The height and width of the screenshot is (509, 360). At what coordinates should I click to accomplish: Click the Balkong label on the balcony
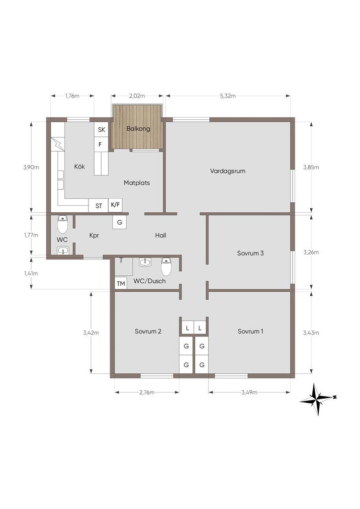(138, 129)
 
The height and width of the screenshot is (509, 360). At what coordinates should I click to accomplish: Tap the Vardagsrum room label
(228, 171)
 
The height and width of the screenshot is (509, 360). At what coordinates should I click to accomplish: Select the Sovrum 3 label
(250, 253)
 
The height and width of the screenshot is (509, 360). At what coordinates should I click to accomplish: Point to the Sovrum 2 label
(148, 332)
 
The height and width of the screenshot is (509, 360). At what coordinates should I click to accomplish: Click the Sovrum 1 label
(250, 332)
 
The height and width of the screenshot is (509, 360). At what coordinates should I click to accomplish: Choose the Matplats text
(137, 183)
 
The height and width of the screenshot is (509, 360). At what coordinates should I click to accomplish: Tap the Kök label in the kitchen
(80, 166)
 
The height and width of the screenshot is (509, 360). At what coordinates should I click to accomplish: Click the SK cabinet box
(101, 130)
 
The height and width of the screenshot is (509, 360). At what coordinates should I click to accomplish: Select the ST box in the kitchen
(98, 205)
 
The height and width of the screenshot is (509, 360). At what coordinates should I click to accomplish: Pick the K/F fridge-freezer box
(115, 205)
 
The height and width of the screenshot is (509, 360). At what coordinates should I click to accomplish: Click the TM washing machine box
(121, 284)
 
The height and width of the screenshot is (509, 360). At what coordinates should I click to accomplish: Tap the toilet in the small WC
(62, 224)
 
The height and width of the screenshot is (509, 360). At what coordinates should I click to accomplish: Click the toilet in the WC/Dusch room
(166, 266)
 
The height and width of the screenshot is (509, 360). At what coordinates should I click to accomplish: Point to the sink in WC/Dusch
(145, 262)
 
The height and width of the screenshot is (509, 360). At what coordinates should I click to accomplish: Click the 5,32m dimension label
(228, 96)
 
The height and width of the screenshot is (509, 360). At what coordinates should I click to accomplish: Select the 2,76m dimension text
(147, 392)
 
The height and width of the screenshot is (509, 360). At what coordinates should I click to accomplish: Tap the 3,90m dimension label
(31, 167)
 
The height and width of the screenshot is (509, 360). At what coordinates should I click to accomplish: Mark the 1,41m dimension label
(31, 273)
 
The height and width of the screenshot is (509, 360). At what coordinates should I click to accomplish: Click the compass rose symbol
(317, 399)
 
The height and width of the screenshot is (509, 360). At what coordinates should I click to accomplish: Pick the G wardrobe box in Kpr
(119, 222)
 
